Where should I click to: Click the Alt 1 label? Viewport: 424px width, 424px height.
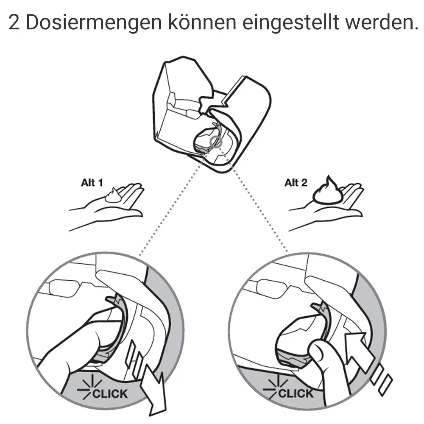click(x=92, y=184)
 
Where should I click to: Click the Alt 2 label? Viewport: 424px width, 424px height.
click(x=296, y=183)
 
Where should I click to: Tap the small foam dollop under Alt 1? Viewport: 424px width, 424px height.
click(x=113, y=196)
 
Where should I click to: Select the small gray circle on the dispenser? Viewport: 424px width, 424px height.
click(x=215, y=141)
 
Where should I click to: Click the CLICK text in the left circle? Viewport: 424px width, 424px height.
click(x=109, y=393)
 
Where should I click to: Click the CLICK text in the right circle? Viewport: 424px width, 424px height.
click(x=296, y=393)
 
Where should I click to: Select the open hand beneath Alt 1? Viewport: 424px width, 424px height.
click(x=110, y=206)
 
